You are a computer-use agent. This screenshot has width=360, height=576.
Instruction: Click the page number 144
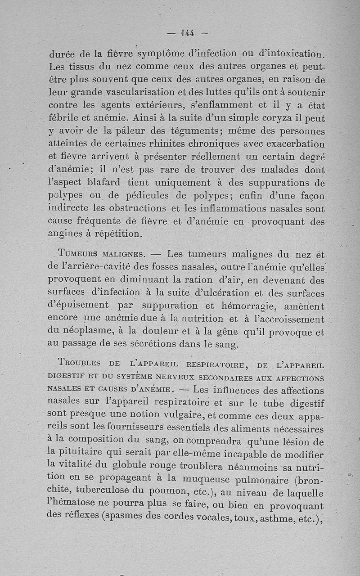pyautogui.click(x=187, y=32)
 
